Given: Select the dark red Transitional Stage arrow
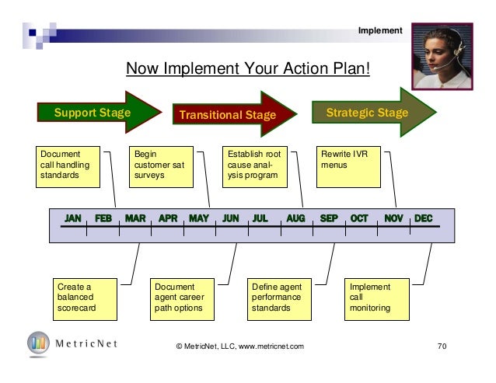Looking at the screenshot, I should coord(228,117).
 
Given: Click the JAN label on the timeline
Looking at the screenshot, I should coord(74,219).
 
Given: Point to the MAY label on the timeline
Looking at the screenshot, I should coord(198,219).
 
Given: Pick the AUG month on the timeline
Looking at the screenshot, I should coord(295,219).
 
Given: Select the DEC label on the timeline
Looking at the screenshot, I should coord(424,219).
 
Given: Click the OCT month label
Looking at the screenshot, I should coord(359,219).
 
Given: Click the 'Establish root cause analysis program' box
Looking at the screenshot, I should coord(253,165).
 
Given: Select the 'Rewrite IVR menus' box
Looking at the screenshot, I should coord(348,165).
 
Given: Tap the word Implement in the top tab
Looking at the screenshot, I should coord(379,30).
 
